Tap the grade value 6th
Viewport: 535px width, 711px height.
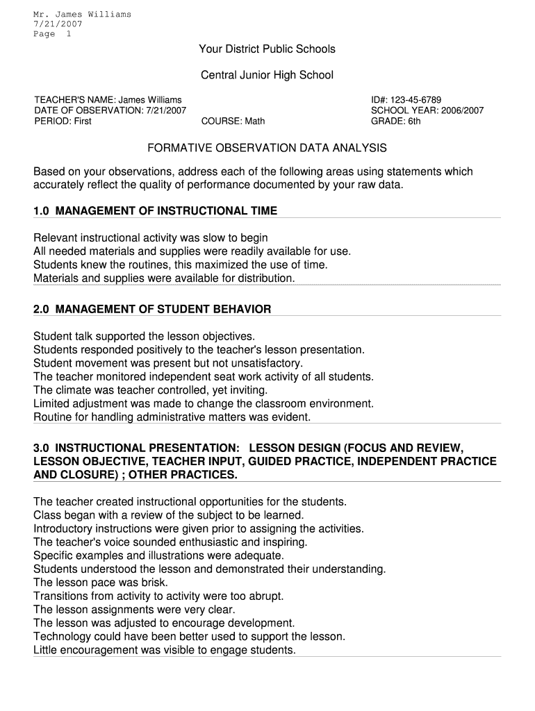[x=414, y=121]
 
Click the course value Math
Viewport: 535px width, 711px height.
[x=253, y=121]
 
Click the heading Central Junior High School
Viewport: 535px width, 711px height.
[x=267, y=75]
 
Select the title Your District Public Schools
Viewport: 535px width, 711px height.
[x=267, y=49]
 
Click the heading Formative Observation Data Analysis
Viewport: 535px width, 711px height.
[x=267, y=149]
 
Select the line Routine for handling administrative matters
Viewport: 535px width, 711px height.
[x=172, y=417]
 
